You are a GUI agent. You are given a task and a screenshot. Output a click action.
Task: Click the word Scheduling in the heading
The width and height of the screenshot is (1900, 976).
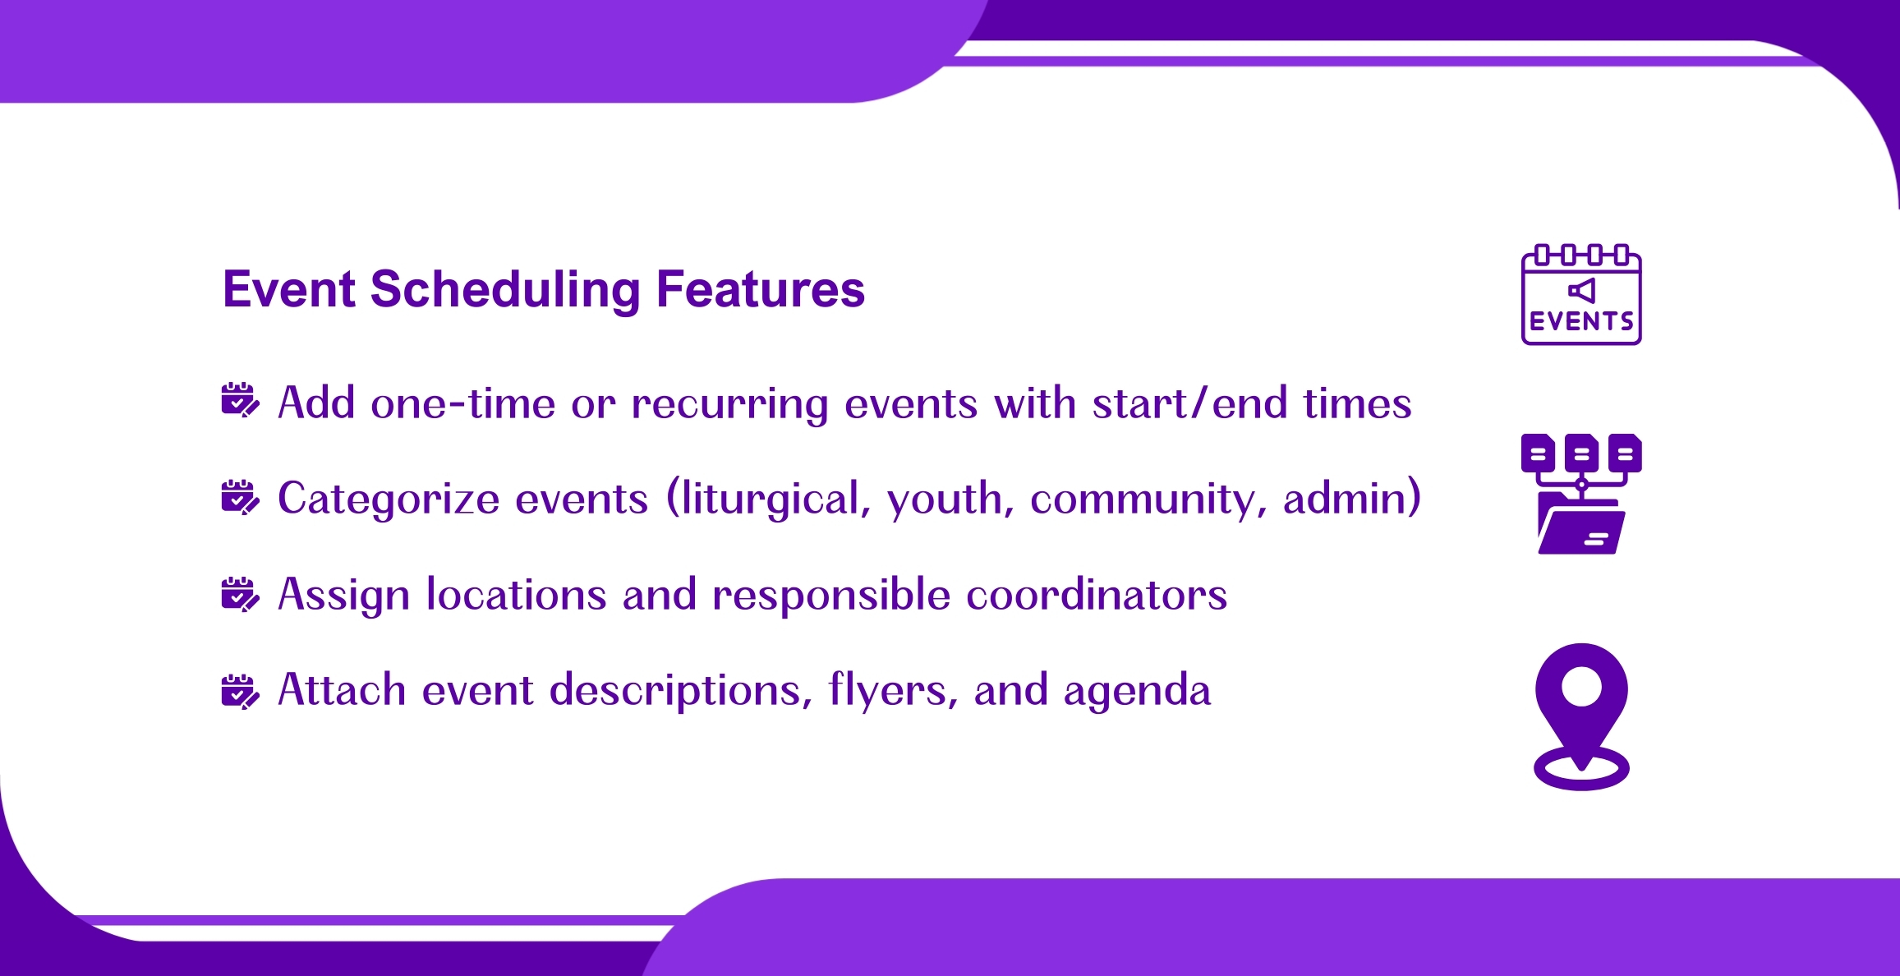pyautogui.click(x=504, y=290)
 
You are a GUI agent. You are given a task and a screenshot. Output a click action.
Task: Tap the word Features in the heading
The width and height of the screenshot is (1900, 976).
pyautogui.click(x=761, y=289)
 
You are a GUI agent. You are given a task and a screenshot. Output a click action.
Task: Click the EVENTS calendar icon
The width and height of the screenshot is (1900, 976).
pyautogui.click(x=1581, y=294)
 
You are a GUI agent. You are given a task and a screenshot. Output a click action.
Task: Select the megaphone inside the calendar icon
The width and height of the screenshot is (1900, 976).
pyautogui.click(x=1582, y=290)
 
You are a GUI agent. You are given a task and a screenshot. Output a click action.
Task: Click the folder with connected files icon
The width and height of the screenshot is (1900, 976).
pyautogui.click(x=1581, y=494)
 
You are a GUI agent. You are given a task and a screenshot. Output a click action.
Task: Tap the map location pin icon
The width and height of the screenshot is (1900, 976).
pyautogui.click(x=1581, y=716)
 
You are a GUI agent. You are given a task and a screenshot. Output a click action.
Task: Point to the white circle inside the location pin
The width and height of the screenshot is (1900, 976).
pyautogui.click(x=1581, y=686)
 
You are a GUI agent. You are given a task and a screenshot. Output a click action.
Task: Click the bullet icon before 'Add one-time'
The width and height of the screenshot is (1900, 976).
pyautogui.click(x=240, y=400)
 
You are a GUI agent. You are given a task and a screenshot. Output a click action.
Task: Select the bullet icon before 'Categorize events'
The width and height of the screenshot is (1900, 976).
pyautogui.click(x=240, y=497)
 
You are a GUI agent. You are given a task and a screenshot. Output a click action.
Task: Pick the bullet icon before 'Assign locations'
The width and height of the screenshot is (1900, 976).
pyautogui.click(x=240, y=594)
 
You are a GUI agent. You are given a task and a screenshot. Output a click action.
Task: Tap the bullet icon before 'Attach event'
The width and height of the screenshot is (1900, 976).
pyautogui.click(x=240, y=691)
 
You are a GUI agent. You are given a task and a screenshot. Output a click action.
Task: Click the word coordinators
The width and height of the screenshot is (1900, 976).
pyautogui.click(x=1097, y=594)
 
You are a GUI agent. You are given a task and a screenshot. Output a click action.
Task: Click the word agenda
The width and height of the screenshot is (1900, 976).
pyautogui.click(x=1137, y=692)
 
